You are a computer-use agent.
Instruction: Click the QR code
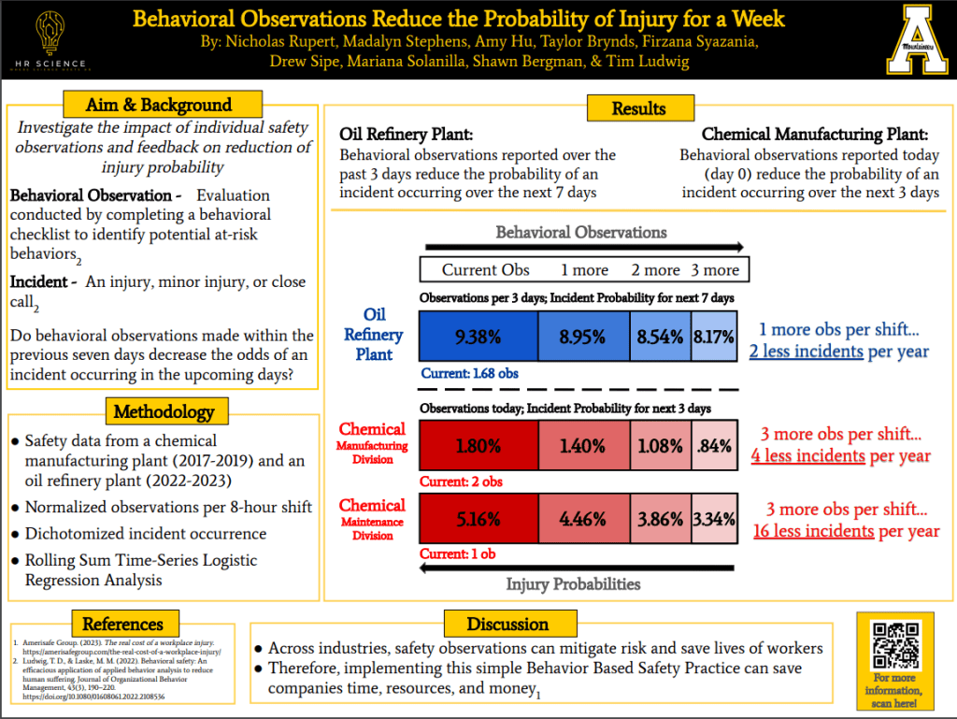click(x=894, y=644)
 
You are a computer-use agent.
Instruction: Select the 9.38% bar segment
click(x=478, y=337)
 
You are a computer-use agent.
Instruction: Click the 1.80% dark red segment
click(x=478, y=445)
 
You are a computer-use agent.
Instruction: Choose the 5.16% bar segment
click(x=478, y=519)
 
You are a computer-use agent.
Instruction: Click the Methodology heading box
click(x=164, y=411)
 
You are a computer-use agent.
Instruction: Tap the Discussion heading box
click(x=507, y=624)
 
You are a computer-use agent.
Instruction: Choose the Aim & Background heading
click(x=159, y=105)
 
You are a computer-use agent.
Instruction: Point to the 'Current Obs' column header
click(x=485, y=270)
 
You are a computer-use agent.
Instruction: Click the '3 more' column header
click(x=715, y=270)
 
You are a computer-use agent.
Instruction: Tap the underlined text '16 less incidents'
click(x=813, y=531)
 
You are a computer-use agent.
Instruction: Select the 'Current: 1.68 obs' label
click(x=468, y=374)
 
